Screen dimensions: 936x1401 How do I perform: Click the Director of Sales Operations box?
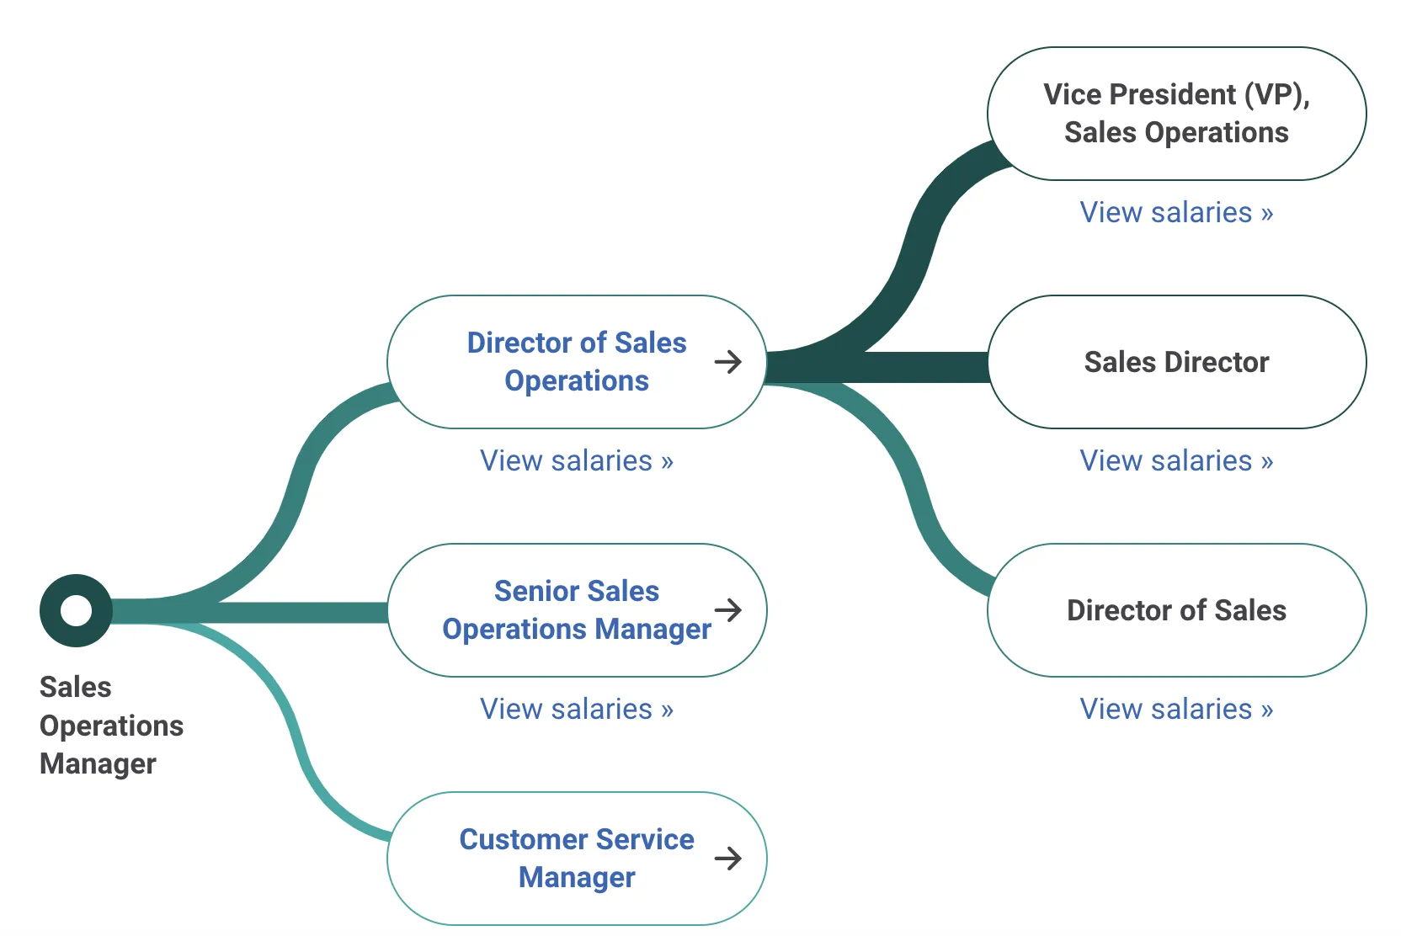(576, 362)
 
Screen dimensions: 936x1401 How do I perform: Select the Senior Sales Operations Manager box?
(576, 610)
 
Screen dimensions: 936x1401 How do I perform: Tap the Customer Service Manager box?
(576, 858)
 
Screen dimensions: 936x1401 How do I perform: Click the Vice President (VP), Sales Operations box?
(1176, 114)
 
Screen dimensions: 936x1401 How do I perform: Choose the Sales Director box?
(1176, 362)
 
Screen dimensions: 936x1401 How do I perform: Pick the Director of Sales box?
(1176, 610)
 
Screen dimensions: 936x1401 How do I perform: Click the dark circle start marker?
(76, 610)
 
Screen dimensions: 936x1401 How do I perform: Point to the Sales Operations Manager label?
(111, 725)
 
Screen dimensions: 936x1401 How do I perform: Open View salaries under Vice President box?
(1176, 212)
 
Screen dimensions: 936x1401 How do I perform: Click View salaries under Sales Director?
(1176, 460)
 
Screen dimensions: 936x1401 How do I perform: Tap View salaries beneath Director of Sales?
(1176, 709)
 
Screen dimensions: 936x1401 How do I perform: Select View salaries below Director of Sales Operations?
(576, 460)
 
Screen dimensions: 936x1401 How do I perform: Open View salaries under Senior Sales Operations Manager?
(576, 709)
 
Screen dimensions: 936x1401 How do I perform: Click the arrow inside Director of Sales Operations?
(728, 362)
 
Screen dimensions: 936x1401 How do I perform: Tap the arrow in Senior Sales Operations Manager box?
(728, 610)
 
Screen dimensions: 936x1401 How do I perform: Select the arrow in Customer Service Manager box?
(728, 858)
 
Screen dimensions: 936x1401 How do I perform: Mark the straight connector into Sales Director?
(918, 368)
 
